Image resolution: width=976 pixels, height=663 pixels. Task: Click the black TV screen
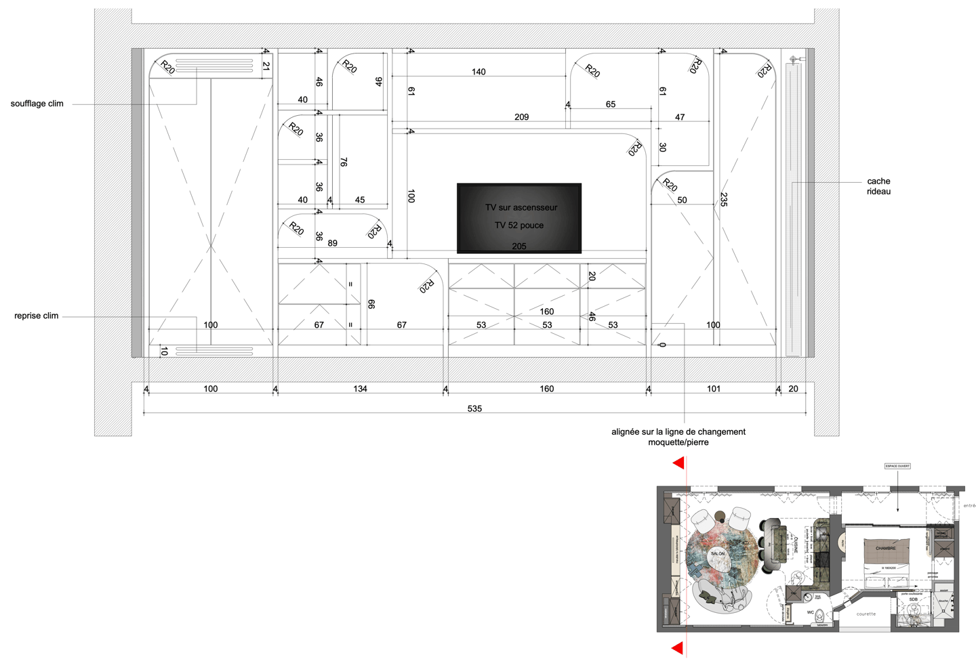(x=519, y=217)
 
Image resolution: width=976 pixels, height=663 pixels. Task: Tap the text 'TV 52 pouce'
(x=519, y=226)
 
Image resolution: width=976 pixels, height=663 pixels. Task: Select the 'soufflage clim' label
(x=37, y=104)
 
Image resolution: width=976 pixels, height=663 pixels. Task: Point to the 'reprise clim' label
(x=37, y=316)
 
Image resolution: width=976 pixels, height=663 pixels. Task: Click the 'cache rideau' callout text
(x=878, y=186)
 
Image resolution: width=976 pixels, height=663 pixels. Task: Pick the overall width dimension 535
(x=474, y=408)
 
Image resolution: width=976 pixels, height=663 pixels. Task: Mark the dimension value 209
(x=521, y=117)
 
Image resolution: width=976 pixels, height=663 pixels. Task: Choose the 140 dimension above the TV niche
(x=479, y=72)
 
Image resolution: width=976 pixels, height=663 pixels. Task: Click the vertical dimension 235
(x=724, y=200)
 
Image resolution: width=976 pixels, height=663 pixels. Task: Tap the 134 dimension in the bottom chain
(x=360, y=389)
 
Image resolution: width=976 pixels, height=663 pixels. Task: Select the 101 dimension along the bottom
(x=714, y=389)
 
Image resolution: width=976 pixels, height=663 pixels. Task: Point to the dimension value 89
(x=332, y=243)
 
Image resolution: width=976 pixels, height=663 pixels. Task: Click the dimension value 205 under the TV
(x=519, y=246)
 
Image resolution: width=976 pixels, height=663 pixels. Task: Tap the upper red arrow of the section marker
(x=678, y=463)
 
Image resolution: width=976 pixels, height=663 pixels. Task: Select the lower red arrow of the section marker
(x=677, y=648)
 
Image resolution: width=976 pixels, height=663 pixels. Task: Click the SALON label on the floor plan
(x=718, y=553)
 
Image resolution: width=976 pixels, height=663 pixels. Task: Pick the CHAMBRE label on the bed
(x=885, y=548)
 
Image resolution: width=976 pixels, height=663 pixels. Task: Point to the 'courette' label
(x=866, y=614)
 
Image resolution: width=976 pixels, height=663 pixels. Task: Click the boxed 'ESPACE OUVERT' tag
(x=897, y=466)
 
